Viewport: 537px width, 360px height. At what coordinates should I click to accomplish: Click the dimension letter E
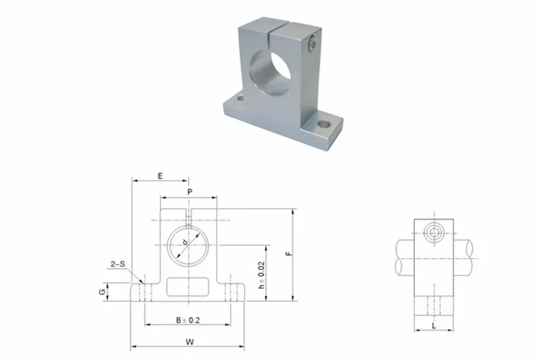pos(160,176)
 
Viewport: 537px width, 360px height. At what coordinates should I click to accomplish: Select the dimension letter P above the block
pos(190,192)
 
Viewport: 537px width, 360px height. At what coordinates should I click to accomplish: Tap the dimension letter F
pos(289,254)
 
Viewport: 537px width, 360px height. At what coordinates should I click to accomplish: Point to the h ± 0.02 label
pos(262,275)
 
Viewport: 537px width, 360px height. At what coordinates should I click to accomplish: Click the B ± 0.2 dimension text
pos(188,320)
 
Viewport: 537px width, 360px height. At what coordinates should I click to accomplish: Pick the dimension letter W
pos(190,341)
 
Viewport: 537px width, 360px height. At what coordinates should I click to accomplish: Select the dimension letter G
pos(102,292)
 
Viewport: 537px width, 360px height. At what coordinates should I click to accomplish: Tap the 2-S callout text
pos(118,264)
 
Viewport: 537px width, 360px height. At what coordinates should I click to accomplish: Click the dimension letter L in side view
pos(434,325)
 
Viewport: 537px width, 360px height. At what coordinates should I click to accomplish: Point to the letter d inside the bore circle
pos(185,242)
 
